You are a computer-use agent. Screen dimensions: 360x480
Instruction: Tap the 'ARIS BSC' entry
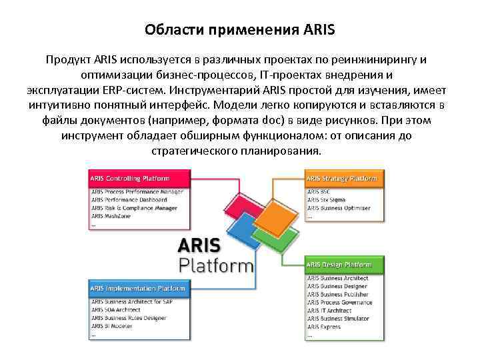[x=319, y=192]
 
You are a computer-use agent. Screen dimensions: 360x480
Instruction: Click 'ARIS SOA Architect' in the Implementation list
[x=117, y=310]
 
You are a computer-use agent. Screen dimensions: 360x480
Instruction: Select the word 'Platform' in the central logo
[x=217, y=265]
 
